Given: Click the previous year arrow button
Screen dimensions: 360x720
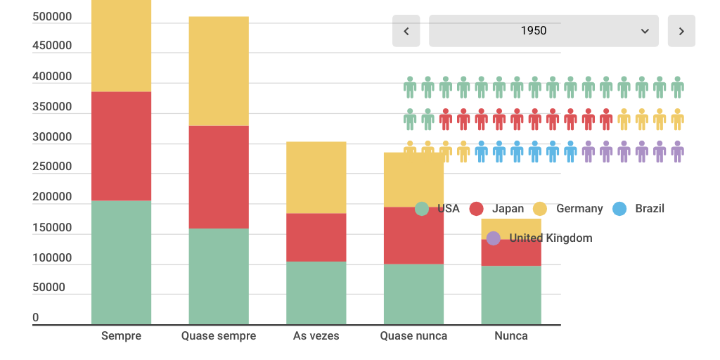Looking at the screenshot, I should (x=406, y=31).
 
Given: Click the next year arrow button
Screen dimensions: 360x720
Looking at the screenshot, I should (x=681, y=31).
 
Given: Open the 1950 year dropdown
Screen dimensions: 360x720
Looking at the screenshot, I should (x=544, y=31).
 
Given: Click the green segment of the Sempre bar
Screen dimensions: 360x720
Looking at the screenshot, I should (x=121, y=262).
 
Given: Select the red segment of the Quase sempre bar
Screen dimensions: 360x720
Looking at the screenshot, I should (x=219, y=177).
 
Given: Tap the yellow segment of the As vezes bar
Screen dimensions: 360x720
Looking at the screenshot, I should (x=316, y=177).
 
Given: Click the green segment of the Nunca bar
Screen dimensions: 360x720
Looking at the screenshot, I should (x=510, y=295).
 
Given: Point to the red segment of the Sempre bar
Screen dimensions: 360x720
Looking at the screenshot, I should (x=121, y=146).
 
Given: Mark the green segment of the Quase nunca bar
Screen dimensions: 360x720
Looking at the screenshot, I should (x=413, y=294).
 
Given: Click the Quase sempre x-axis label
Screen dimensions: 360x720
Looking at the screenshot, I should (x=219, y=336).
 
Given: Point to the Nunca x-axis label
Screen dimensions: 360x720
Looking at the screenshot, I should (x=510, y=336).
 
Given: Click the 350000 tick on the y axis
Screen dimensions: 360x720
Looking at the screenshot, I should (x=52, y=107).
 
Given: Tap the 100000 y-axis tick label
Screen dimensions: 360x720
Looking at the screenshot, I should (x=52, y=258).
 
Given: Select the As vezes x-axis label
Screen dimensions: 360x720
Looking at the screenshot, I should (x=316, y=336).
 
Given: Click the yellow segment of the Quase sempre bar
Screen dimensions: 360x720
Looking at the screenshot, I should (x=219, y=71).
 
